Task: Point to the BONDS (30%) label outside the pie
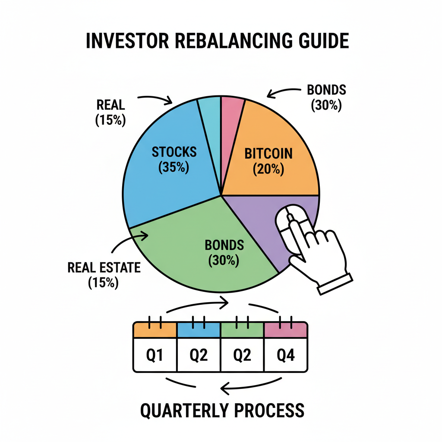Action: pos(326,98)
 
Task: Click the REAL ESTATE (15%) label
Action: pos(104,275)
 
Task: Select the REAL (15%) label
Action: pos(110,112)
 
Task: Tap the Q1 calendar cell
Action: pos(155,355)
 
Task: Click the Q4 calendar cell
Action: pos(286,355)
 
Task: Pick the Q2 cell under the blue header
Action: pos(199,355)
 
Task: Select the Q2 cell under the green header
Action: pos(242,355)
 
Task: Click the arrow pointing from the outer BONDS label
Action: pos(283,92)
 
